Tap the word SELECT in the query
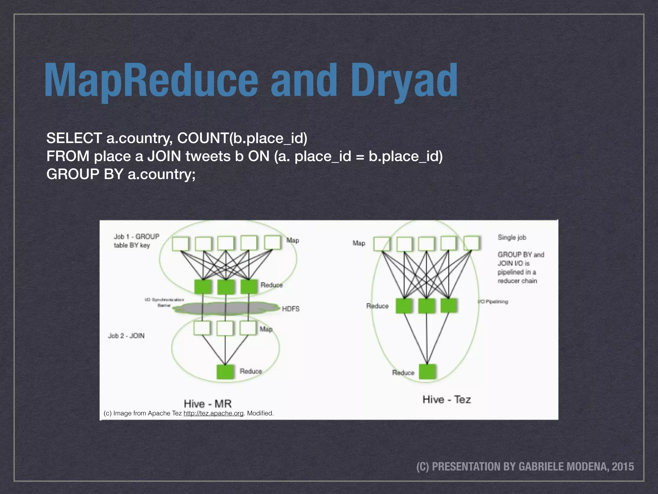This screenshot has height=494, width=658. pyautogui.click(x=74, y=138)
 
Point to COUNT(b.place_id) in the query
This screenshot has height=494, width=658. pyautogui.click(x=242, y=138)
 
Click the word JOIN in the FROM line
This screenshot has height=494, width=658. pyautogui.click(x=164, y=156)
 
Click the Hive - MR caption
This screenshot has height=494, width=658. pyautogui.click(x=208, y=403)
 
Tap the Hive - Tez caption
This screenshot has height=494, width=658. pyautogui.click(x=447, y=399)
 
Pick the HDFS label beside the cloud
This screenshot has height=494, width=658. pyautogui.click(x=290, y=309)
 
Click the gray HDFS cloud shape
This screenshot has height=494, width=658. pyautogui.click(x=225, y=308)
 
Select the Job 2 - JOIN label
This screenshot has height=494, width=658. pyautogui.click(x=126, y=336)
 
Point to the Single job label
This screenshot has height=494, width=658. pyautogui.click(x=512, y=237)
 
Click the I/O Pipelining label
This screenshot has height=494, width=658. pyautogui.click(x=493, y=302)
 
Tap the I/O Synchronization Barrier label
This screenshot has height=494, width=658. pyautogui.click(x=164, y=302)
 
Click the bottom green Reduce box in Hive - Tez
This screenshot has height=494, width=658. pyautogui.click(x=427, y=372)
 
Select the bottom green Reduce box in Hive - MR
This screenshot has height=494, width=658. pyautogui.click(x=225, y=372)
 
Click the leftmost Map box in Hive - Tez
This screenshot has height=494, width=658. pyautogui.click(x=382, y=244)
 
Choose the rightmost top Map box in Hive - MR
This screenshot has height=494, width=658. pyautogui.click(x=272, y=242)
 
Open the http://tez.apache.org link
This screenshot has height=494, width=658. pyautogui.click(x=213, y=413)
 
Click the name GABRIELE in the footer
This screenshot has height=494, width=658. pyautogui.click(x=539, y=466)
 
